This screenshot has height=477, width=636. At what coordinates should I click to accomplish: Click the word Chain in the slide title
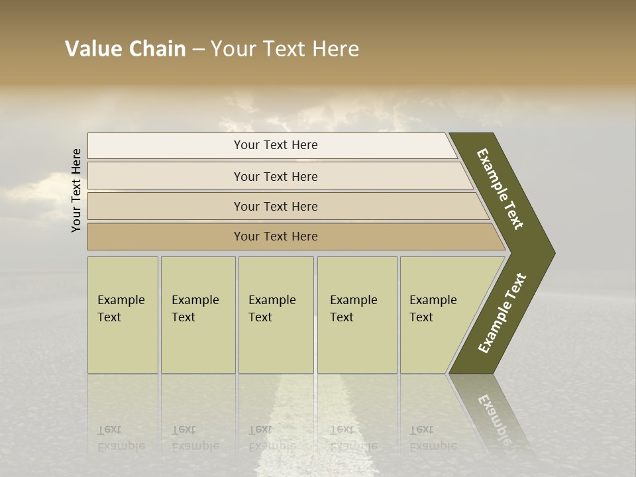click(x=157, y=49)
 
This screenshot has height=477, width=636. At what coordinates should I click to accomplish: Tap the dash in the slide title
click(x=198, y=50)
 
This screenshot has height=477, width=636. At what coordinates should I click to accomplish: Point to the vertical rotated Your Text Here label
click(x=76, y=190)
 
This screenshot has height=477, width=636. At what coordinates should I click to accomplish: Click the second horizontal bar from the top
click(x=276, y=176)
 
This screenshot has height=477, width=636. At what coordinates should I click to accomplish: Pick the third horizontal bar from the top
click(x=276, y=206)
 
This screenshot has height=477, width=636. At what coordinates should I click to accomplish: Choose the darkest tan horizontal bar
click(x=276, y=237)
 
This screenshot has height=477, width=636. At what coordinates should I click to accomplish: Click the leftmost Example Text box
click(x=123, y=315)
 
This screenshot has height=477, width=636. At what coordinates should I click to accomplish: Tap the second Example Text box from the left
click(x=197, y=315)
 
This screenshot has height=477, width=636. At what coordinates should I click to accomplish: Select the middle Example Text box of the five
click(x=276, y=315)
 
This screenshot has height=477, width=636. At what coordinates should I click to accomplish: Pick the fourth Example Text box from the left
click(x=357, y=315)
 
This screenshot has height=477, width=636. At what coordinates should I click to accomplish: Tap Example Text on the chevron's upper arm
click(x=500, y=189)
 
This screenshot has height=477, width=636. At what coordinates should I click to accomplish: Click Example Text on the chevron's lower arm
click(x=502, y=313)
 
